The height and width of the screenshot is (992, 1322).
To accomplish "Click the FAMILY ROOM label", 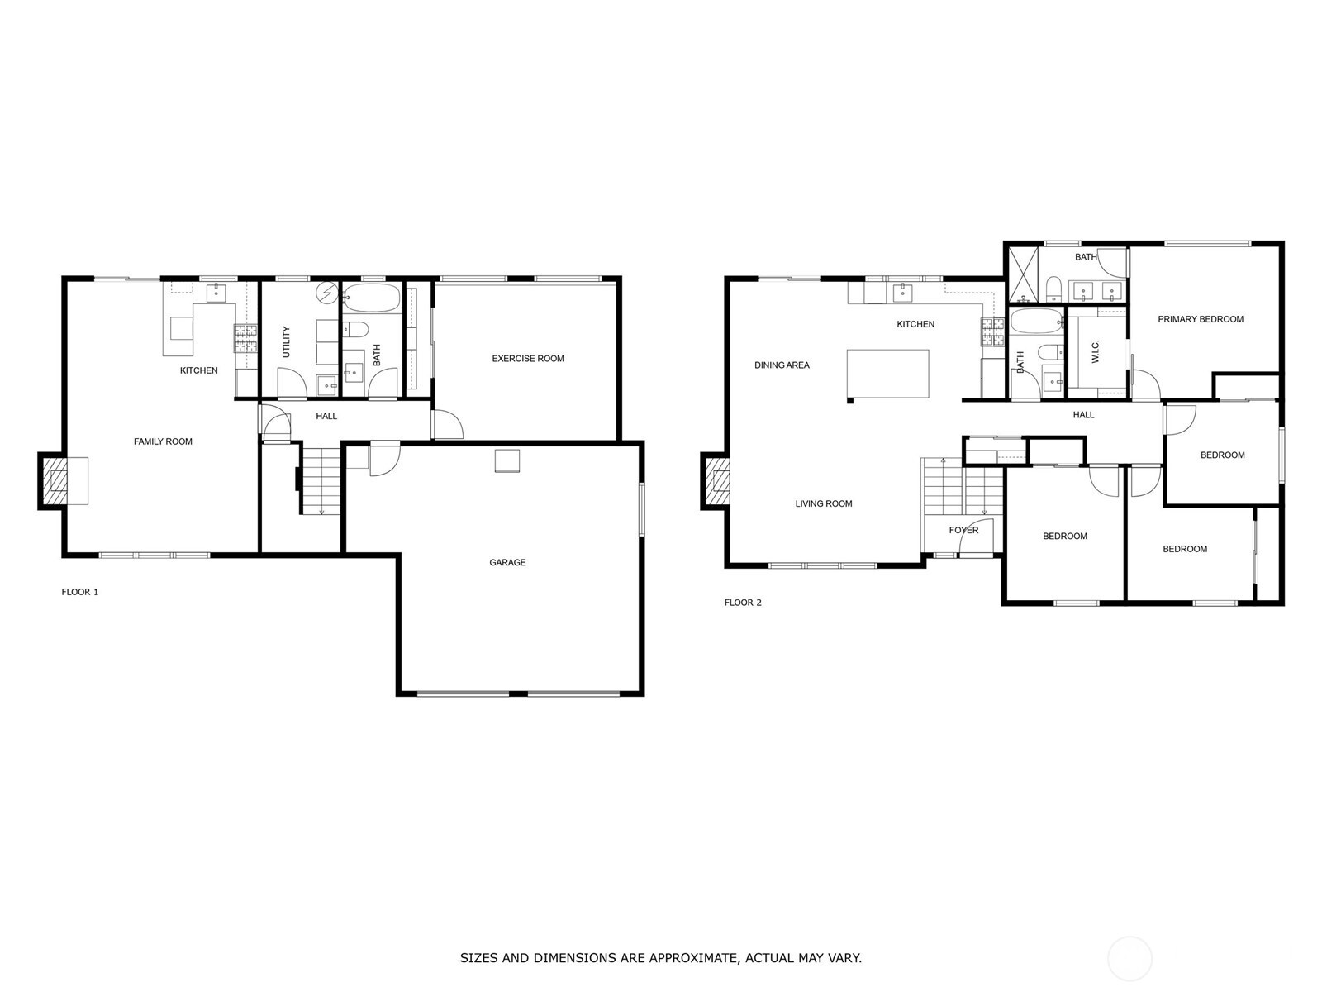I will click(x=163, y=441).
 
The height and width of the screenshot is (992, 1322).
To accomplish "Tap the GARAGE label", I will click(x=507, y=562).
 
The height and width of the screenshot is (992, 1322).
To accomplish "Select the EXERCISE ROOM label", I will click(x=528, y=359).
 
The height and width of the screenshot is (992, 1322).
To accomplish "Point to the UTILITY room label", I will click(x=287, y=341).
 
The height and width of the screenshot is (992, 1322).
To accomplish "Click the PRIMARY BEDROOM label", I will click(x=1200, y=319).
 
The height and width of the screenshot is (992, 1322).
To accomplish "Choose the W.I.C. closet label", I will click(x=1096, y=352).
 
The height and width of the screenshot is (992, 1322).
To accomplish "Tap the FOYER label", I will click(x=963, y=530).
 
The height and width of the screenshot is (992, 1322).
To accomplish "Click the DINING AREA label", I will click(x=782, y=365).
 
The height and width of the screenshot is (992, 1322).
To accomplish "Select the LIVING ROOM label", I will click(x=823, y=503).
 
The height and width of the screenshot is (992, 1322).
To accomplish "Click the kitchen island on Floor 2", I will click(x=887, y=374).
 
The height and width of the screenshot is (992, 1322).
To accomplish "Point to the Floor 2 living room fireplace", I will click(x=716, y=480).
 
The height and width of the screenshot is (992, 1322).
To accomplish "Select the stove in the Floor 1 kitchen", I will click(x=246, y=337).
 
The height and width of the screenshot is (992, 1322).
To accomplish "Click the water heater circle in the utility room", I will click(x=327, y=293).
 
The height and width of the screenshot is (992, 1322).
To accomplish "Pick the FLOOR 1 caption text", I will click(x=80, y=592).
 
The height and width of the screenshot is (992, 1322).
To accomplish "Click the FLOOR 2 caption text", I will click(x=743, y=603).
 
